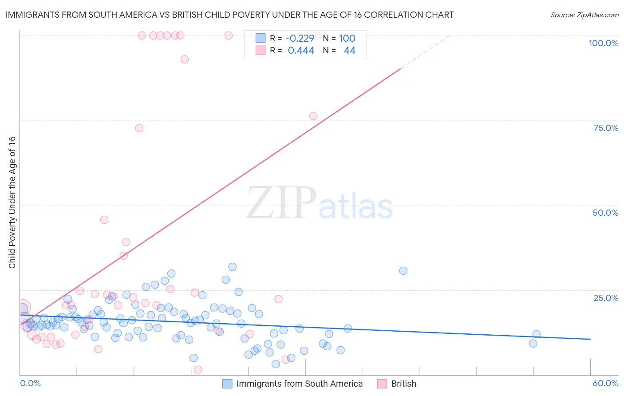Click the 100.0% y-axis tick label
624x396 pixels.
tap(603, 43)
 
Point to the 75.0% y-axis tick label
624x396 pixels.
tap(606, 128)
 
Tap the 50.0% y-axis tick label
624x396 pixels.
tap(605, 213)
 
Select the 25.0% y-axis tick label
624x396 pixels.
tap(606, 298)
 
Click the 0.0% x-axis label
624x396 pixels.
tap(30, 383)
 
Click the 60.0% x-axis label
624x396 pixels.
tap(605, 383)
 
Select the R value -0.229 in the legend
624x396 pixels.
tap(300, 38)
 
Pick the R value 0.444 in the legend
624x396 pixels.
tap(301, 51)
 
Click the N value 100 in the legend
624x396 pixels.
tap(347, 38)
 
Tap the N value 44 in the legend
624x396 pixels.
tap(349, 51)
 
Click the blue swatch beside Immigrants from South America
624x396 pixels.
tap(227, 384)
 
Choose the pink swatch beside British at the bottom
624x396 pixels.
tap(382, 384)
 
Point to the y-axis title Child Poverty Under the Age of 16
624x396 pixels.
tap(12, 202)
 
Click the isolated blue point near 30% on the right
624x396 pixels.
tap(403, 271)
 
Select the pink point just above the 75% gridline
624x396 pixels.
tap(313, 116)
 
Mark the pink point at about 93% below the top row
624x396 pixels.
tap(185, 59)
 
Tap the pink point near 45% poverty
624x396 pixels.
tap(104, 220)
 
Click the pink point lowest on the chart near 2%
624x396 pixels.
tap(198, 369)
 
